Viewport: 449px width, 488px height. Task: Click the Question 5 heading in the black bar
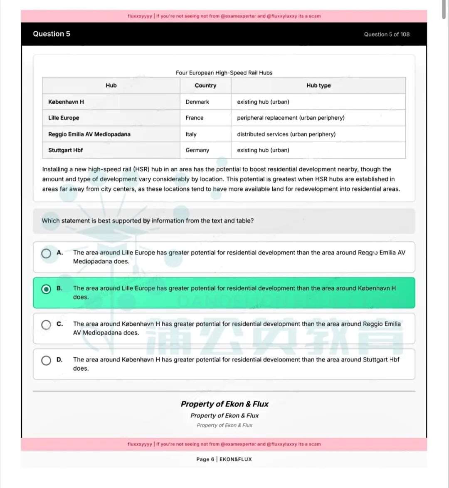pyautogui.click(x=52, y=34)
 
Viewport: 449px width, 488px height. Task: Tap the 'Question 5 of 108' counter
pyautogui.click(x=387, y=35)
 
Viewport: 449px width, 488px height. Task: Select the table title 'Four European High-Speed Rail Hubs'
pyautogui.click(x=224, y=73)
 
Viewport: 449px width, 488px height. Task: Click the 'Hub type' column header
pyautogui.click(x=318, y=85)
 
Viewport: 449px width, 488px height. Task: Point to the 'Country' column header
pyautogui.click(x=205, y=85)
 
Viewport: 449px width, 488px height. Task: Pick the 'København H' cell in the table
pyautogui.click(x=66, y=102)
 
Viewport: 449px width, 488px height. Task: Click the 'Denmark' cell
pyautogui.click(x=197, y=102)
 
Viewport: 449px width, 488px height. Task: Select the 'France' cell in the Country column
pyautogui.click(x=195, y=118)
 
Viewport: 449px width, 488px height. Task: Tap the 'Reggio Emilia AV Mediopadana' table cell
pyautogui.click(x=89, y=134)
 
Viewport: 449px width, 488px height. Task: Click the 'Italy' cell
pyautogui.click(x=191, y=134)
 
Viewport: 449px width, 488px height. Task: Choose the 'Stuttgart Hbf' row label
pyautogui.click(x=66, y=150)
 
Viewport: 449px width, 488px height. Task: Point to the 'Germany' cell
pyautogui.click(x=197, y=150)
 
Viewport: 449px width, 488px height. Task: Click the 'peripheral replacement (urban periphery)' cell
pyautogui.click(x=291, y=118)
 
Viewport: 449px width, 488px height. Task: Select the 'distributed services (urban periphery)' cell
pyautogui.click(x=286, y=134)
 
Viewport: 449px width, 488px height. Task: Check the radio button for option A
pyautogui.click(x=46, y=253)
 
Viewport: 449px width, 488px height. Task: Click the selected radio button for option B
pyautogui.click(x=46, y=289)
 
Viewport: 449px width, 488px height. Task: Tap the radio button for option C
pyautogui.click(x=46, y=325)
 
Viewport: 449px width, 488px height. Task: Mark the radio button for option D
pyautogui.click(x=46, y=360)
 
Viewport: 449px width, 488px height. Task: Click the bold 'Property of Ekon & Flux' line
pyautogui.click(x=224, y=404)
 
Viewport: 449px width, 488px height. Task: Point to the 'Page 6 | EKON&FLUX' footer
pyautogui.click(x=224, y=459)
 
